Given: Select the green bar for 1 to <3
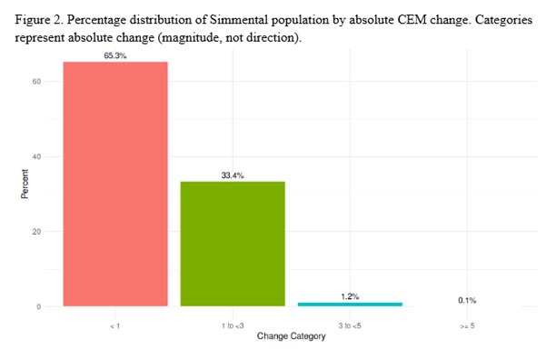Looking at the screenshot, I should [233, 244].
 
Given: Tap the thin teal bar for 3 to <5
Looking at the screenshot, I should [350, 304].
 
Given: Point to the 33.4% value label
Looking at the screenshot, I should [233, 175].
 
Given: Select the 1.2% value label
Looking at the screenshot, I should [350, 295].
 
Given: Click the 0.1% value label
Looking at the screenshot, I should [467, 300].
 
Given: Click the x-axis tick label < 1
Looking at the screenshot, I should [115, 324].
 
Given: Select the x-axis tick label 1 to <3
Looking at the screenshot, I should [233, 324].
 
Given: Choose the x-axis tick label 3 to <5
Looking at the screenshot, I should [350, 324].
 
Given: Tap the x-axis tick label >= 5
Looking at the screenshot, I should [467, 324].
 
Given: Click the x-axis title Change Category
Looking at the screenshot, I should [291, 338].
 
